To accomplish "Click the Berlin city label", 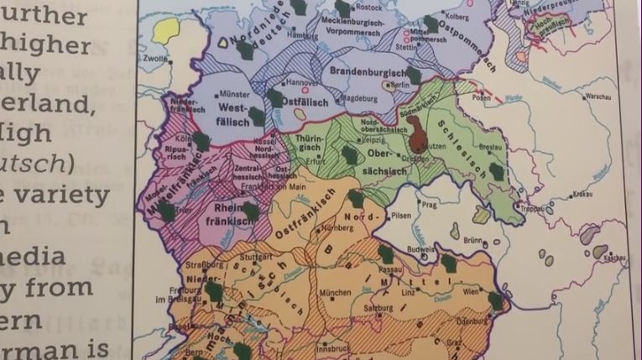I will tap(399, 86).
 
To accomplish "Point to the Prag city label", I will tap(431, 204).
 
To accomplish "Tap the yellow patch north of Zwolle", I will tap(167, 32).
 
